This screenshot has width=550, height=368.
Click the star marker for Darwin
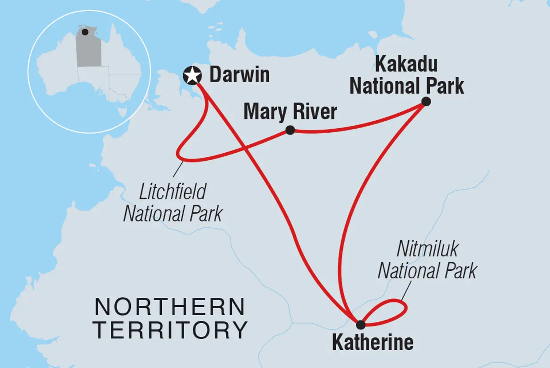tap(192, 75)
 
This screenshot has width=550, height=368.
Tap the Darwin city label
tap(239, 75)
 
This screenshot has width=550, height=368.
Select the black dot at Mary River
tap(290, 130)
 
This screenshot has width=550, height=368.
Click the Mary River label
tap(290, 112)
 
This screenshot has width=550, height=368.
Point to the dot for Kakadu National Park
tap(426, 101)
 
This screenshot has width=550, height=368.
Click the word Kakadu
tap(406, 65)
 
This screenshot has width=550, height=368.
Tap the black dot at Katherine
tap(361, 324)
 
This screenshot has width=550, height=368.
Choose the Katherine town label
tap(372, 342)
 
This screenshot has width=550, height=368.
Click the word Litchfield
tap(173, 193)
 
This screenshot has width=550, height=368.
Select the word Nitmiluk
tap(427, 250)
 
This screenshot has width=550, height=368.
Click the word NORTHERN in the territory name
tap(170, 307)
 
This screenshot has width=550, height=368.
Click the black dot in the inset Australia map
tap(85, 32)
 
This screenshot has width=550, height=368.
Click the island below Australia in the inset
tap(125, 118)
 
